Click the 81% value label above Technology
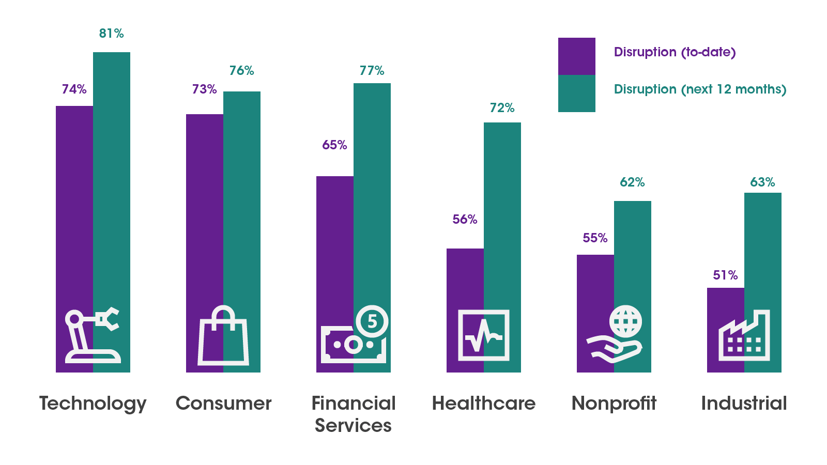(111, 34)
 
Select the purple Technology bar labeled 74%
(74, 207)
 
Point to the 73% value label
(204, 89)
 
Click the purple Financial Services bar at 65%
(335, 243)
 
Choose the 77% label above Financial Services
(372, 71)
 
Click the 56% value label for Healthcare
(465, 220)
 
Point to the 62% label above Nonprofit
(632, 182)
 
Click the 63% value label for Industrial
(762, 182)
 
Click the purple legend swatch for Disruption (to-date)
(577, 56)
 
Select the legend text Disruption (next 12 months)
(700, 89)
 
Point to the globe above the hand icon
(625, 321)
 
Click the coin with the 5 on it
(372, 321)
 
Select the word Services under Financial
(353, 426)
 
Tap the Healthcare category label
(484, 404)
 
